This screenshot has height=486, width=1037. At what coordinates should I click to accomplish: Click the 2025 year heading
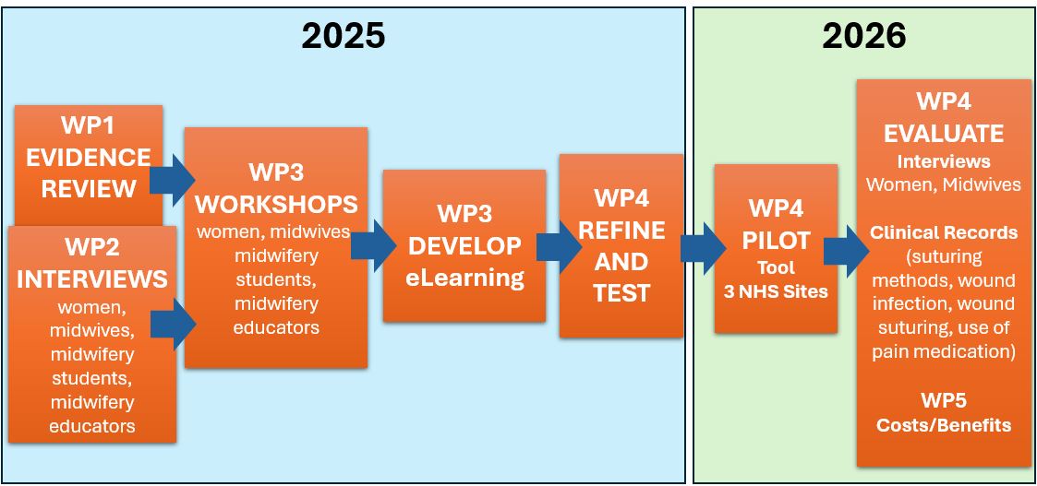(343, 35)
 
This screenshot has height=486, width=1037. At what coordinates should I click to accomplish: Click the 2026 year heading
(863, 35)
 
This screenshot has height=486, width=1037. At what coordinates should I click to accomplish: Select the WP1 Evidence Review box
(89, 157)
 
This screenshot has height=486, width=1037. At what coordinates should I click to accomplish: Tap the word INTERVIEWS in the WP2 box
(91, 278)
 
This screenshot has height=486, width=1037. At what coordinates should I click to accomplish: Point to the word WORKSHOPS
(276, 203)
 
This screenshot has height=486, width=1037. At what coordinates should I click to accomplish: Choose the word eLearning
(464, 277)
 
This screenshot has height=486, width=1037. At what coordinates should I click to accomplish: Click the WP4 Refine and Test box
(621, 245)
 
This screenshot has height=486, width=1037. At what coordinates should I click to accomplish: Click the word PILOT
(776, 241)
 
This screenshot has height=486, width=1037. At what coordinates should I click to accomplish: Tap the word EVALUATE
(944, 134)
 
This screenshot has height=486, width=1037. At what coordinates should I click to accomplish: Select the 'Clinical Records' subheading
(944, 232)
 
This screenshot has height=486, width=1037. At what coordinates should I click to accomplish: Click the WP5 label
(944, 401)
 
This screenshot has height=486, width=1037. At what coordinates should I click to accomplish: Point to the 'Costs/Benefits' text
(944, 425)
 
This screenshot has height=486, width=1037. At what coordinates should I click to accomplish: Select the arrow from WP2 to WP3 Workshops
(174, 324)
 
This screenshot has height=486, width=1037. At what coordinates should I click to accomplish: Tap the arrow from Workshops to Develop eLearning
(374, 245)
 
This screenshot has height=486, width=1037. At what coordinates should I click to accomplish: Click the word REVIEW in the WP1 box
(89, 188)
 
